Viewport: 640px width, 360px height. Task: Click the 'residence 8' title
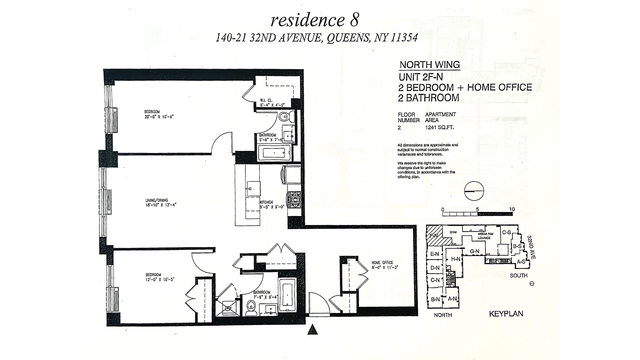(315, 20)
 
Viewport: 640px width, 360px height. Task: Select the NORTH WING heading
(430, 65)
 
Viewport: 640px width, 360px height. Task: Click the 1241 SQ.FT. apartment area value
(439, 127)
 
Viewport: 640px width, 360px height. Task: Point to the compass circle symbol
(474, 191)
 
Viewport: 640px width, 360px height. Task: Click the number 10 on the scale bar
(512, 209)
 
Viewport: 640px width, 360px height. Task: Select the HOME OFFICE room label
(382, 262)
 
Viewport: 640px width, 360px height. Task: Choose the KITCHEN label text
(266, 202)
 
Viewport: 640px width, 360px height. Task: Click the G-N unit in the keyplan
(474, 251)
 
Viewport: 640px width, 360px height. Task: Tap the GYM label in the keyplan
(453, 232)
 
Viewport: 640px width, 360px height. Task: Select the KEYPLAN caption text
(506, 314)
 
